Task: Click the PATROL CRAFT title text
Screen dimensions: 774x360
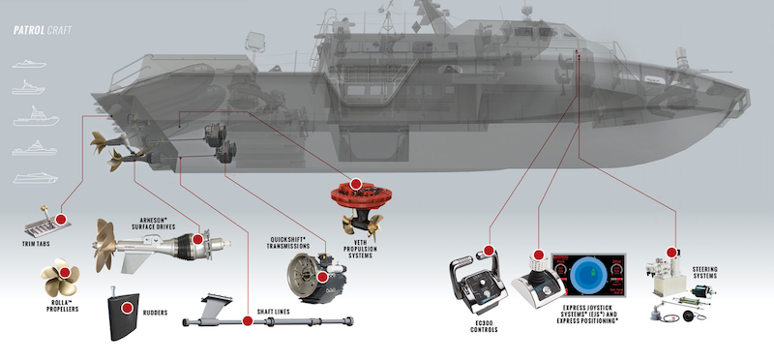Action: point(43,31)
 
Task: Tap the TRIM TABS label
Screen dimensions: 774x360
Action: point(36,244)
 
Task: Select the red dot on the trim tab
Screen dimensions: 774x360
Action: point(61,220)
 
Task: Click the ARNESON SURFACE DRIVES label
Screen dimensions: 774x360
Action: point(154,224)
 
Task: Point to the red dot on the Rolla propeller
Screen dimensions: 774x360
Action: point(65,272)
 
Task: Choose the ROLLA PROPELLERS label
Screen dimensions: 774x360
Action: point(62,306)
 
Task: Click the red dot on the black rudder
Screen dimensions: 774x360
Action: point(127,308)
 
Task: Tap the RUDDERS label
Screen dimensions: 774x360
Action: point(155,313)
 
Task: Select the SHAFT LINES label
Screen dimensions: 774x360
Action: point(274,312)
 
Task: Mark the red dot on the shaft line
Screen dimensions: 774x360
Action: point(248,321)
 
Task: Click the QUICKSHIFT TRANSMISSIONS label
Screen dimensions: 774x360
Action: point(289,243)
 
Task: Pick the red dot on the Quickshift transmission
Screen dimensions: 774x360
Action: point(323,277)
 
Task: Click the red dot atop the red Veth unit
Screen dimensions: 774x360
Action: point(355,184)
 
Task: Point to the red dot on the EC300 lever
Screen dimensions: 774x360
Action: point(489,251)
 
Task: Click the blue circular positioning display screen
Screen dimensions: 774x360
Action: point(588,275)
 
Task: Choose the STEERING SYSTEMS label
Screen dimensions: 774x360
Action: point(705,273)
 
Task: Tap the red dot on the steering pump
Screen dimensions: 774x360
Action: point(671,253)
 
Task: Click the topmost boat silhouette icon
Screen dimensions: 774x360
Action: point(30,64)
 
